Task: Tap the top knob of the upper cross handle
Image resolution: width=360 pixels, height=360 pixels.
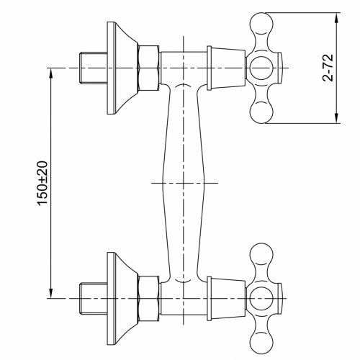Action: tap(260, 22)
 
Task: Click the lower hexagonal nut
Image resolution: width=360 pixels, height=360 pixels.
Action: tap(148, 297)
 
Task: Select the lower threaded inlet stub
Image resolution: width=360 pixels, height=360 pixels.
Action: tap(92, 297)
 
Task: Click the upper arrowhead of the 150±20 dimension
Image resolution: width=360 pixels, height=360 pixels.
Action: tap(51, 73)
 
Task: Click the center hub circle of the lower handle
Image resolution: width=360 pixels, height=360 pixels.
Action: tap(260, 297)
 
